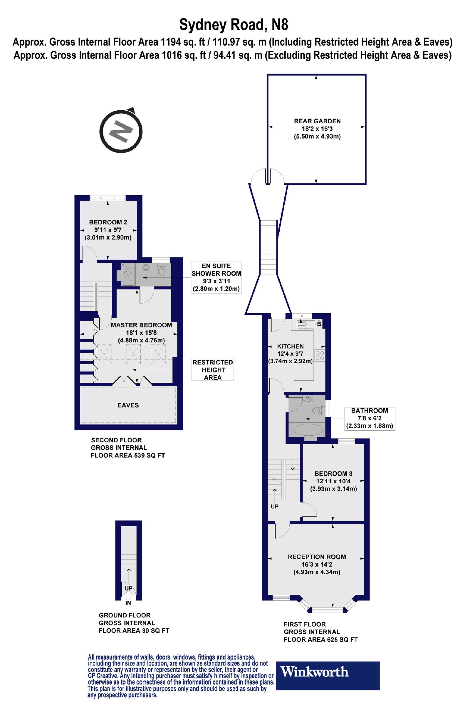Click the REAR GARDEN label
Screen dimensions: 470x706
click(317, 121)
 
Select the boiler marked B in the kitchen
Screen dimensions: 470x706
click(319, 324)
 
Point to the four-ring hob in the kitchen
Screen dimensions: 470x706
click(320, 355)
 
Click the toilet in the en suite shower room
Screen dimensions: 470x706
click(162, 270)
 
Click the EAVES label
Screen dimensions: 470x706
click(128, 405)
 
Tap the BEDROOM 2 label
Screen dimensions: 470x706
click(108, 222)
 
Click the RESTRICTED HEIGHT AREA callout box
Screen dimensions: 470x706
click(212, 370)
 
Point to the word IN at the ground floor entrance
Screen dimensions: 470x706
click(128, 603)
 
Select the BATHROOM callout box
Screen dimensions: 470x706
click(369, 419)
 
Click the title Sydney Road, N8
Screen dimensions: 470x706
click(234, 25)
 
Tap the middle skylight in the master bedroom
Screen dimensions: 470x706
click(133, 354)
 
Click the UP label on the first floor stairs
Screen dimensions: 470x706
click(275, 506)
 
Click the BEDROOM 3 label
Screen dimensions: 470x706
click(333, 474)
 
